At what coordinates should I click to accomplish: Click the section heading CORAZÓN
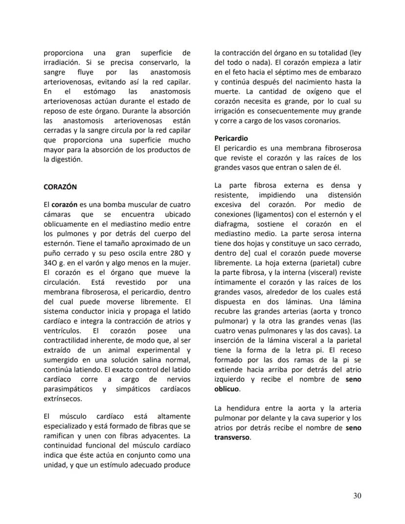pyautogui.click(x=60, y=187)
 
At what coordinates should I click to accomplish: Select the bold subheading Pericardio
pyautogui.click(x=231, y=138)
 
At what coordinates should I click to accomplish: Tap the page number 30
pyautogui.click(x=357, y=496)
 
